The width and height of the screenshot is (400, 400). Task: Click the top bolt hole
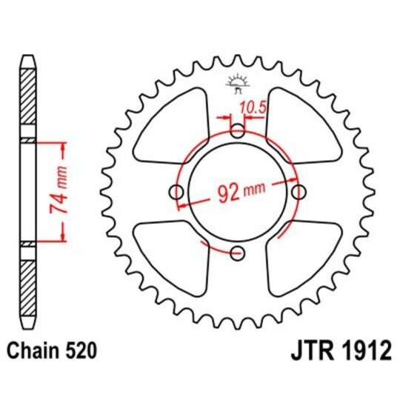(x=237, y=133)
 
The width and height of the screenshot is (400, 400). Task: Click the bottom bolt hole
(x=237, y=254)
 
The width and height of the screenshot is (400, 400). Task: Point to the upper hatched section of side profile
(x=27, y=100)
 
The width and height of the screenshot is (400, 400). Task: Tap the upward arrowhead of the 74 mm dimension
(x=62, y=146)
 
